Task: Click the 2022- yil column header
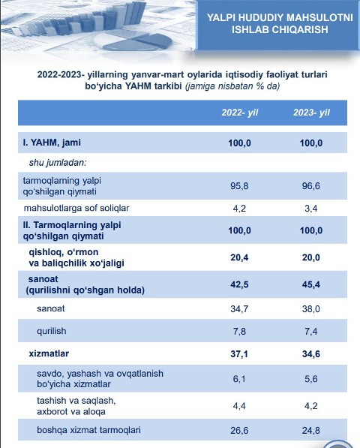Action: tap(240, 113)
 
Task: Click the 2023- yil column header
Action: tap(311, 113)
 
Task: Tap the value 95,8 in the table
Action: tap(239, 186)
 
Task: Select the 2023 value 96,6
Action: tap(311, 186)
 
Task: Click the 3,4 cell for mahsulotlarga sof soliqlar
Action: tap(311, 209)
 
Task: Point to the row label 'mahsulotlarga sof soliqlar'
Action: tap(76, 208)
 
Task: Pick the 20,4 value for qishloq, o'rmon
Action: tap(239, 257)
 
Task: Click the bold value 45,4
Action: tap(311, 284)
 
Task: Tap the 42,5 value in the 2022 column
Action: tap(239, 284)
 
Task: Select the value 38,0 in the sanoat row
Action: tap(311, 309)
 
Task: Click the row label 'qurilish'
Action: tap(52, 331)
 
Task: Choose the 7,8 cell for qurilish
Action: tap(239, 332)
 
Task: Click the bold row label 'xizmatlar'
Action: tap(49, 353)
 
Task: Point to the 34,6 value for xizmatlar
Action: tap(311, 354)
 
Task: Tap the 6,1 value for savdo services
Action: tap(239, 379)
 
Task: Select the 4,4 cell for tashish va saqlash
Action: tap(239, 406)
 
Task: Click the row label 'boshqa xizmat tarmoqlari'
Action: tap(88, 430)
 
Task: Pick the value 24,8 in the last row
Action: tap(311, 430)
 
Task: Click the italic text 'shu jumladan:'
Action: tap(58, 163)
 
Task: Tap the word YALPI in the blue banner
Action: tap(221, 17)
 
